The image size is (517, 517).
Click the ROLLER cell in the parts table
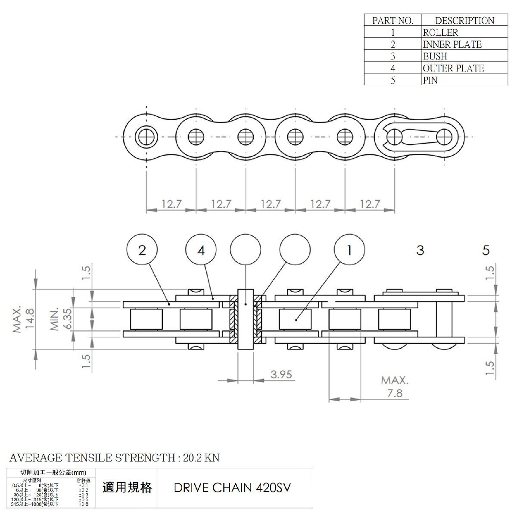(x=440, y=32)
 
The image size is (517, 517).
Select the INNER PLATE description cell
(x=452, y=44)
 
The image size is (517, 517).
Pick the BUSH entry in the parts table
(x=435, y=56)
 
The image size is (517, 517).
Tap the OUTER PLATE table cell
(x=453, y=68)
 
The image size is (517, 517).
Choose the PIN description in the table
(x=430, y=80)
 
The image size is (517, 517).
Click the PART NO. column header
(x=392, y=20)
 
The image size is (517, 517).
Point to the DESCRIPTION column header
(x=464, y=20)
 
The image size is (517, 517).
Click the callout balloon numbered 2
(x=142, y=250)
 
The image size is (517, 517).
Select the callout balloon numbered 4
(x=201, y=250)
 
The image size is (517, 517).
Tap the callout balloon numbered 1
(x=350, y=250)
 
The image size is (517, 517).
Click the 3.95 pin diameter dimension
(x=281, y=374)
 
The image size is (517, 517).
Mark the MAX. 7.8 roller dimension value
(x=395, y=393)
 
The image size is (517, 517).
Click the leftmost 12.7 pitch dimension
(x=171, y=204)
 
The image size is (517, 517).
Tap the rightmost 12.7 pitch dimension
(x=370, y=204)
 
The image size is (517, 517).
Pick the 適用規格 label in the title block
(x=127, y=487)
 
